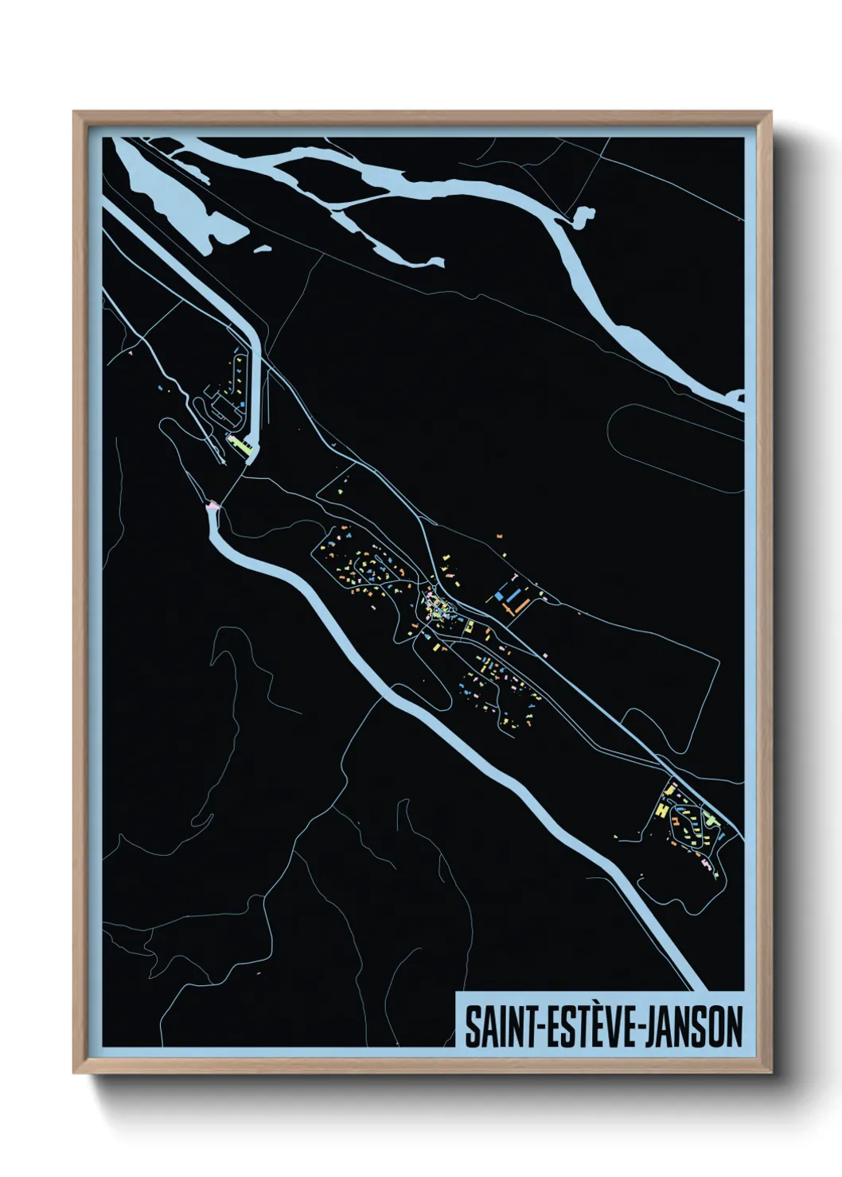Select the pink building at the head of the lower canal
[x=212, y=505]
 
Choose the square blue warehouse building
[x=500, y=595]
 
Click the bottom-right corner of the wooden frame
[x=770, y=1074]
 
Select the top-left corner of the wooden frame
[x=74, y=112]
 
